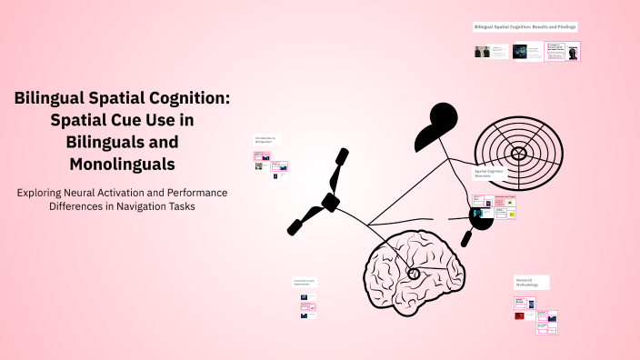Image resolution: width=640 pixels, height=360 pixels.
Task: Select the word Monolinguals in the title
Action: click(122, 165)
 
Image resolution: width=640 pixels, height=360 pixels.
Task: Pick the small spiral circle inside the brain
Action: click(414, 274)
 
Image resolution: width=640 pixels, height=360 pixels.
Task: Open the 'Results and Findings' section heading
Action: click(525, 27)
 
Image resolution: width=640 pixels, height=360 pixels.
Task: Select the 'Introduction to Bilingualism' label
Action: click(265, 140)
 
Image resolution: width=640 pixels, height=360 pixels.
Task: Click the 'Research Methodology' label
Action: click(528, 283)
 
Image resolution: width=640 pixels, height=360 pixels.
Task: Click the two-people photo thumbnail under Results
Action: click(482, 52)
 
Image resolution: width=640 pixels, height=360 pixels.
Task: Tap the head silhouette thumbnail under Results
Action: click(573, 53)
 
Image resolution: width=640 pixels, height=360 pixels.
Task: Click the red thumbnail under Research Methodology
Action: click(519, 316)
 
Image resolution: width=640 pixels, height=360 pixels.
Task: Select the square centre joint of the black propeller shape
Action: click(330, 200)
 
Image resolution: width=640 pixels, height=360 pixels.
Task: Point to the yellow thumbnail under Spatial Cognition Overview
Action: click(512, 214)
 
